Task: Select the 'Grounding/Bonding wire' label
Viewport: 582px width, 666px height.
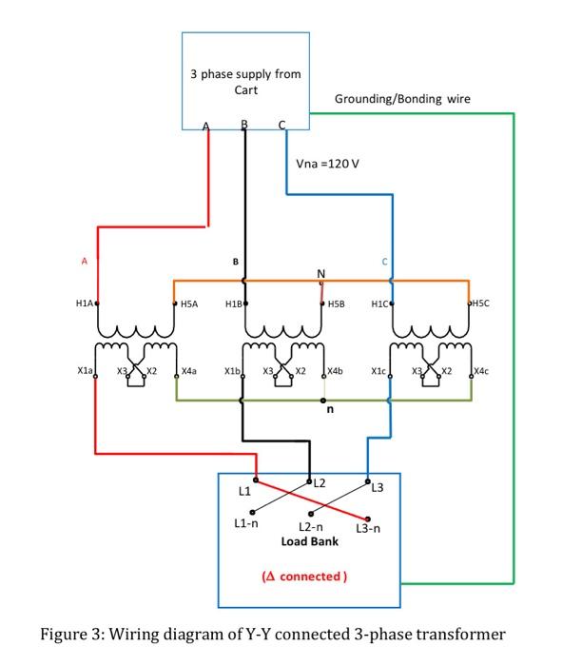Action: pos(402,99)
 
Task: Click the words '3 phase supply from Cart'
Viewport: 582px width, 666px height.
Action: pos(245,82)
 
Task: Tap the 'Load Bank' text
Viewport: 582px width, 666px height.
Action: pos(310,541)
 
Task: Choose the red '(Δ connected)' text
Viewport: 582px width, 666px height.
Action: pos(304,576)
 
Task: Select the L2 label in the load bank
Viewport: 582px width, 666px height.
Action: pos(320,484)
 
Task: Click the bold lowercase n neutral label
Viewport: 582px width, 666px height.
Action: pos(331,412)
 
